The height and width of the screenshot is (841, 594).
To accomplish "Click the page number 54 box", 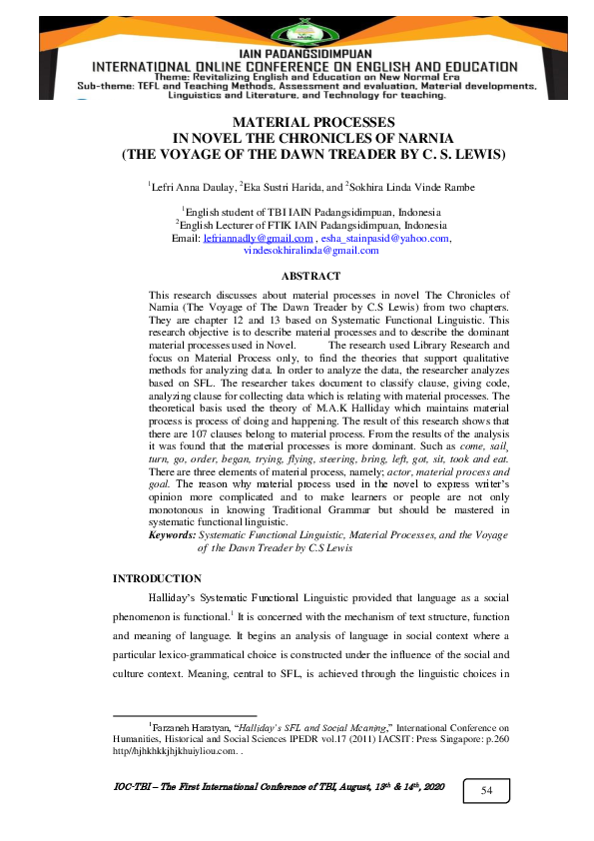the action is (x=488, y=791).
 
